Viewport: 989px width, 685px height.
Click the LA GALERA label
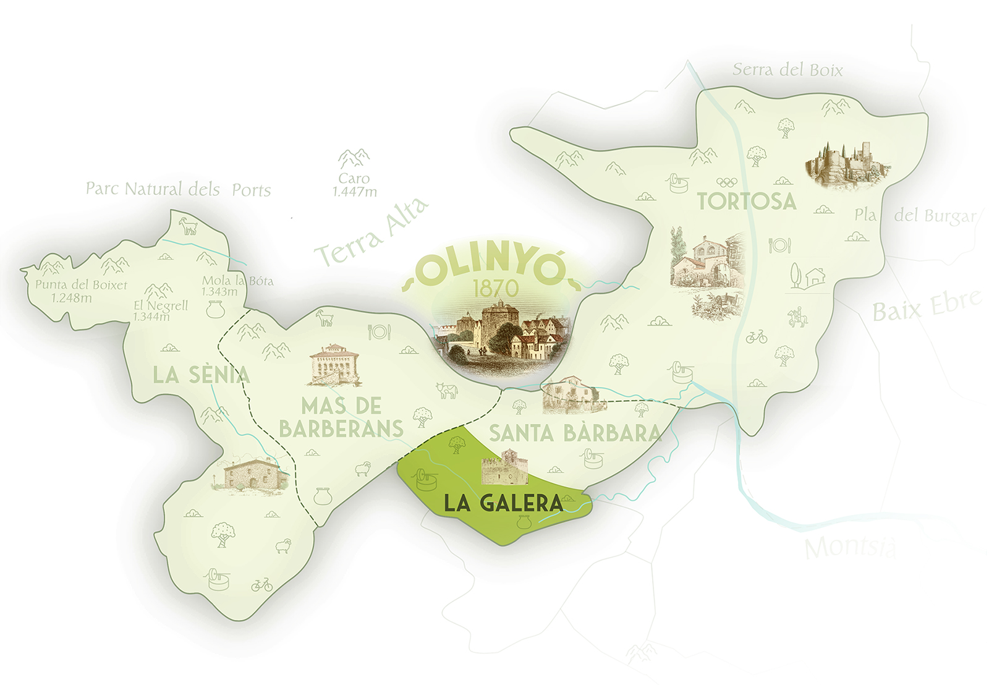tap(503, 503)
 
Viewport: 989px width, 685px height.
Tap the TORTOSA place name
tap(747, 202)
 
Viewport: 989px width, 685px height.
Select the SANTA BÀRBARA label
tap(575, 433)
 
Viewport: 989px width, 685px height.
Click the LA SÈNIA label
tap(201, 375)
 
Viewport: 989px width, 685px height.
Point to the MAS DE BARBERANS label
tap(341, 417)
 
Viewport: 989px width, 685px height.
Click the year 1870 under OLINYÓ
tap(496, 288)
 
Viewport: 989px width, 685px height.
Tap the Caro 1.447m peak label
tap(354, 185)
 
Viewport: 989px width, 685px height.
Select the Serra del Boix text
tap(787, 70)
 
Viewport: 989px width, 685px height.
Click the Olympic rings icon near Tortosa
tap(727, 182)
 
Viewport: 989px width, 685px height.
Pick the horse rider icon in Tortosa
tap(797, 317)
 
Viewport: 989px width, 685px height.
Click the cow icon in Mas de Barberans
tap(446, 390)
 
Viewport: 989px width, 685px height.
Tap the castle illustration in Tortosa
tap(847, 163)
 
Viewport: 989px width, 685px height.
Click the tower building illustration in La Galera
tap(505, 468)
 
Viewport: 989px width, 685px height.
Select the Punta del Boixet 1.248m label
tap(80, 291)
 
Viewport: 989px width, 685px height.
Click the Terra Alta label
tap(371, 232)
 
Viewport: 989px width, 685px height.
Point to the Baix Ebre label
tap(926, 305)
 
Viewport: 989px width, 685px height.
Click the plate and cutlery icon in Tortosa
tap(779, 245)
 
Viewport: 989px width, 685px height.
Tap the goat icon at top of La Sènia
tap(188, 226)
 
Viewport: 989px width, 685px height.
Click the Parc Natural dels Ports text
tap(178, 189)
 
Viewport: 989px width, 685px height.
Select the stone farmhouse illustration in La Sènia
tap(249, 475)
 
